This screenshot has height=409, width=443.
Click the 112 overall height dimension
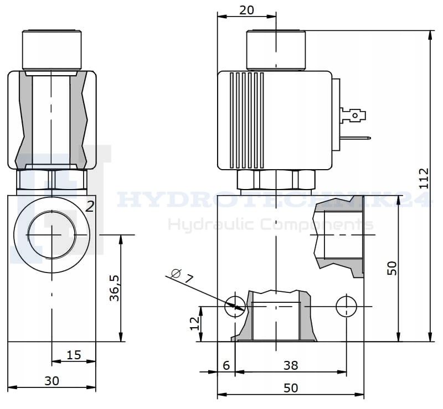(x=424, y=179)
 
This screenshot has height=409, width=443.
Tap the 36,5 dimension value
(x=115, y=289)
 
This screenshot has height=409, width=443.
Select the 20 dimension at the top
(x=246, y=10)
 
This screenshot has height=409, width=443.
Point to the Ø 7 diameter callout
(x=183, y=276)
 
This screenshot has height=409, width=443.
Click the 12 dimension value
(x=195, y=323)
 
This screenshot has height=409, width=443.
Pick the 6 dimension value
(x=226, y=365)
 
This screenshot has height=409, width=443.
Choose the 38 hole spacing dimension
(x=291, y=365)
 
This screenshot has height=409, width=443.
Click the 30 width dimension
(x=52, y=381)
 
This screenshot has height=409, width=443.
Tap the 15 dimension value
(x=74, y=355)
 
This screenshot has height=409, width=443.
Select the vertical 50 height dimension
(x=392, y=268)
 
